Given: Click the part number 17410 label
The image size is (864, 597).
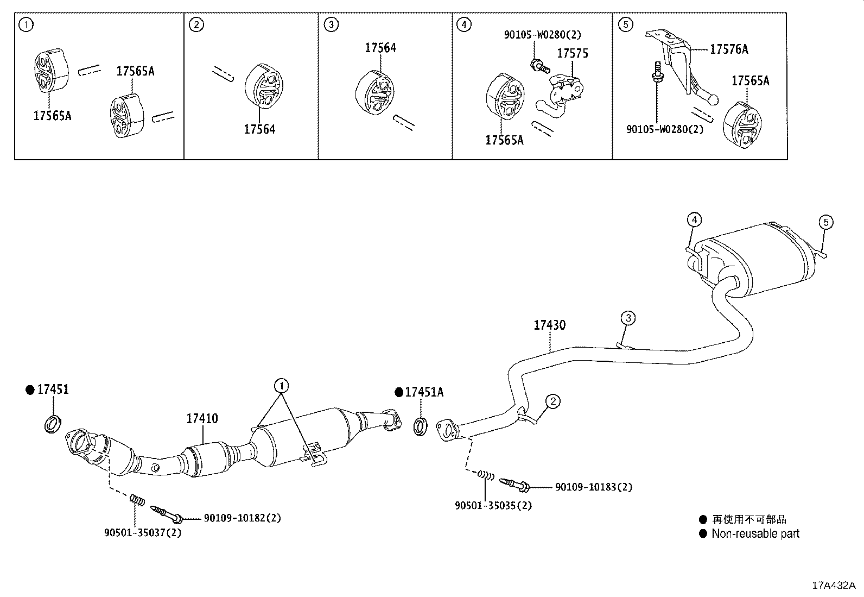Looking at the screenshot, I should pyautogui.click(x=202, y=418).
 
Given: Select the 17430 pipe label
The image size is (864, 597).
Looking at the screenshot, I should pyautogui.click(x=549, y=325).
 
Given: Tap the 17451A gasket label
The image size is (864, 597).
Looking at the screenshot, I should pyautogui.click(x=424, y=392).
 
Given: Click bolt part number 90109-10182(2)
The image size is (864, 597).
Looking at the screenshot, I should pyautogui.click(x=242, y=518).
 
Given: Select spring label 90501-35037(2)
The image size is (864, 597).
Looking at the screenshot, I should pyautogui.click(x=143, y=533).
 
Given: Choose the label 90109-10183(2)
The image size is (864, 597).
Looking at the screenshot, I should pyautogui.click(x=593, y=487).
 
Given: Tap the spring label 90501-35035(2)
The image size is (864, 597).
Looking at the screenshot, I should pyautogui.click(x=493, y=506).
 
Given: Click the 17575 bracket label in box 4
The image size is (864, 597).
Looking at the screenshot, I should pyautogui.click(x=573, y=53).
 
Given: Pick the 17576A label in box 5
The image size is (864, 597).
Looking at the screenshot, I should pyautogui.click(x=729, y=49).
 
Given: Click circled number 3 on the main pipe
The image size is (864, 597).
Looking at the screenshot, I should pyautogui.click(x=628, y=318).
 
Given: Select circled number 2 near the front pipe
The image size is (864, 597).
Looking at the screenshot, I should pyautogui.click(x=552, y=401).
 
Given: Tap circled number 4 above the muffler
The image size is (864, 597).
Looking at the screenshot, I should pyautogui.click(x=694, y=219).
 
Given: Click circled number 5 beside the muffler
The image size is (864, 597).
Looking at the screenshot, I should pyautogui.click(x=825, y=222).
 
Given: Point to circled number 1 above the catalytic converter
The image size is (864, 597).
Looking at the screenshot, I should pyautogui.click(x=281, y=386).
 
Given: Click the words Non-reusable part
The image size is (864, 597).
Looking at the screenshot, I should pyautogui.click(x=755, y=533).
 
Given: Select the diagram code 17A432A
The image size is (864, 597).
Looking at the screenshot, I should pyautogui.click(x=833, y=585).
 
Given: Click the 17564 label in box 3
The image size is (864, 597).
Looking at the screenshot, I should pyautogui.click(x=380, y=48).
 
